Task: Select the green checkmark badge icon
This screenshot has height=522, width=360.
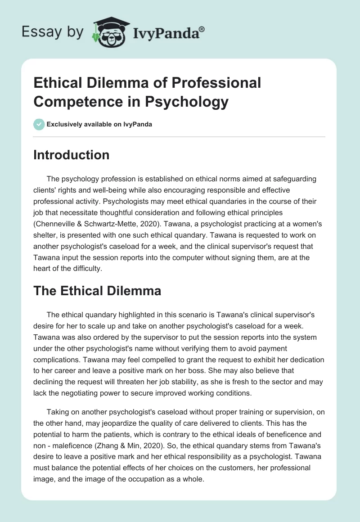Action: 39,124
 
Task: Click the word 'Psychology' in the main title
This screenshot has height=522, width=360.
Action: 187,102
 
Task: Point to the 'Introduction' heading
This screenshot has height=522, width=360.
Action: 71,155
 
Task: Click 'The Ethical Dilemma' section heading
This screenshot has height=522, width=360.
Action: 97,290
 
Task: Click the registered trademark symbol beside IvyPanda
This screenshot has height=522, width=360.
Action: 202,29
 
